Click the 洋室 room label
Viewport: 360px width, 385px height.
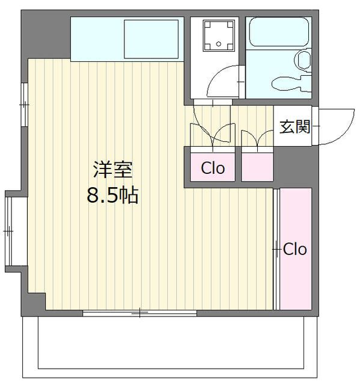113,170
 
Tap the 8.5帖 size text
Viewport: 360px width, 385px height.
112,195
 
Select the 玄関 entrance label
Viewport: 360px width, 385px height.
295,127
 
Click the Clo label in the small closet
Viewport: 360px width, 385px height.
213,168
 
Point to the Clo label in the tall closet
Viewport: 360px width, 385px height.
295,249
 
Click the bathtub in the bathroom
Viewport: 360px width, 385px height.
279,32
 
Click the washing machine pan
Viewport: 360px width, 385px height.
219,35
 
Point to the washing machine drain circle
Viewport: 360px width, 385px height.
219,44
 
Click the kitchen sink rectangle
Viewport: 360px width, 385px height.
151,39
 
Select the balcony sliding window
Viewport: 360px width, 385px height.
140,313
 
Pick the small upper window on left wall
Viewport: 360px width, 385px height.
24,105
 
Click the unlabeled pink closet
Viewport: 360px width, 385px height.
257,167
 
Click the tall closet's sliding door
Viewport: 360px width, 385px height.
276,248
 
